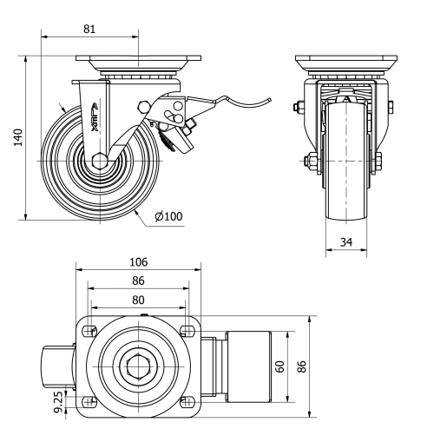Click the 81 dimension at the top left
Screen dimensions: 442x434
tap(89, 29)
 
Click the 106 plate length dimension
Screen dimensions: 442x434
tap(139, 261)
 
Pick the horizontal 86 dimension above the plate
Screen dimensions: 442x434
tap(139, 282)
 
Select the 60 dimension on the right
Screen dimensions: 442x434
tap(279, 366)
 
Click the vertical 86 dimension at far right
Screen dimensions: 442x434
tap(301, 366)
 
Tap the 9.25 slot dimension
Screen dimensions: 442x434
tap(58, 400)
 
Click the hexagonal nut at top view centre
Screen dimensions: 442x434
tap(139, 366)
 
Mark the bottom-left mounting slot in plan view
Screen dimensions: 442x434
tap(90, 400)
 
